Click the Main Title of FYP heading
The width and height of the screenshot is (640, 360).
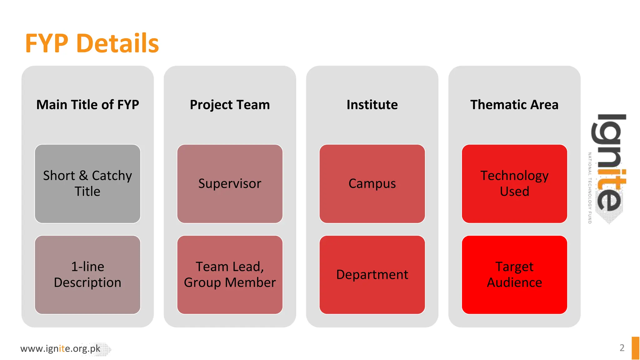[x=87, y=105]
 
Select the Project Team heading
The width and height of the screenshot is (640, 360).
[x=230, y=105]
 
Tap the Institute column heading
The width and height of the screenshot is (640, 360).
[x=372, y=105]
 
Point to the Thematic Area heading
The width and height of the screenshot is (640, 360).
[x=514, y=105]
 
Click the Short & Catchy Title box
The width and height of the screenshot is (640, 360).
[x=87, y=183]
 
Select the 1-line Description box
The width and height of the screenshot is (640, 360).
[x=87, y=274]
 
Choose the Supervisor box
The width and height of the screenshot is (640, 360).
[x=230, y=183]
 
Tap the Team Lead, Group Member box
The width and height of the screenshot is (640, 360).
[x=230, y=274]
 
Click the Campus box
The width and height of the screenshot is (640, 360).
[x=372, y=183]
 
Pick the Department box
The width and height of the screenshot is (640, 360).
[x=372, y=274]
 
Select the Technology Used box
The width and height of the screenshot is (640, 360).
[x=514, y=183]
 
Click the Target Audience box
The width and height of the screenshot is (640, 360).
[x=514, y=274]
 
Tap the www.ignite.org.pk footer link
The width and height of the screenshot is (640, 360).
[x=60, y=348]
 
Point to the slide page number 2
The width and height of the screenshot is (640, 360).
[x=622, y=348]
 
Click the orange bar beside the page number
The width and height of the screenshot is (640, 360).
[x=635, y=348]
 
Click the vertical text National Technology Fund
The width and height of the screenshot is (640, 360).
[x=590, y=188]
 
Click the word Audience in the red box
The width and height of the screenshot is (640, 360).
[x=514, y=282]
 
